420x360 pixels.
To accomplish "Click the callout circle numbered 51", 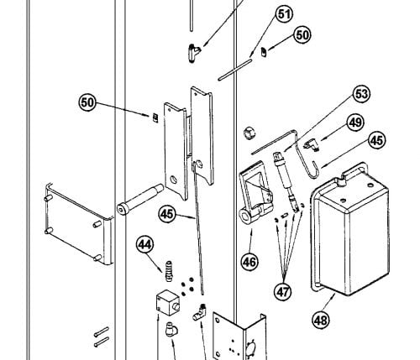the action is click(284, 14).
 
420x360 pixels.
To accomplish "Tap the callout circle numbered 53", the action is click(361, 94).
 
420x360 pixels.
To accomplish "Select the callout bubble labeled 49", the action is click(355, 123).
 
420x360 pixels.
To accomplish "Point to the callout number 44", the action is click(145, 244).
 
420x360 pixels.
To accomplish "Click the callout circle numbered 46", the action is click(249, 262).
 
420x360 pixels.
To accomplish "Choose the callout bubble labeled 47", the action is click(282, 292).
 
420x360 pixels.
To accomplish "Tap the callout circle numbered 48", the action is click(321, 319).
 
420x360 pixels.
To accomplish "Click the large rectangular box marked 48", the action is click(350, 229).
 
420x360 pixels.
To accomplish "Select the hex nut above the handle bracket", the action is click(249, 133).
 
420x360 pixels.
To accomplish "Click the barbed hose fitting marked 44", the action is click(169, 271).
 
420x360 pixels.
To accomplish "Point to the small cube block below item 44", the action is click(168, 303).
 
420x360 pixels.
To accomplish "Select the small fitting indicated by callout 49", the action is click(310, 145).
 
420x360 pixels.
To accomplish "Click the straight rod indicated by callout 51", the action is click(234, 69).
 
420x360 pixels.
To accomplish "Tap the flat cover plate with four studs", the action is click(79, 224).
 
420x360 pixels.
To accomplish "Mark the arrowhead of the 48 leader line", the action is click(334, 295).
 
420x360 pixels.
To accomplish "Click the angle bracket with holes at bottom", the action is click(239, 336).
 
